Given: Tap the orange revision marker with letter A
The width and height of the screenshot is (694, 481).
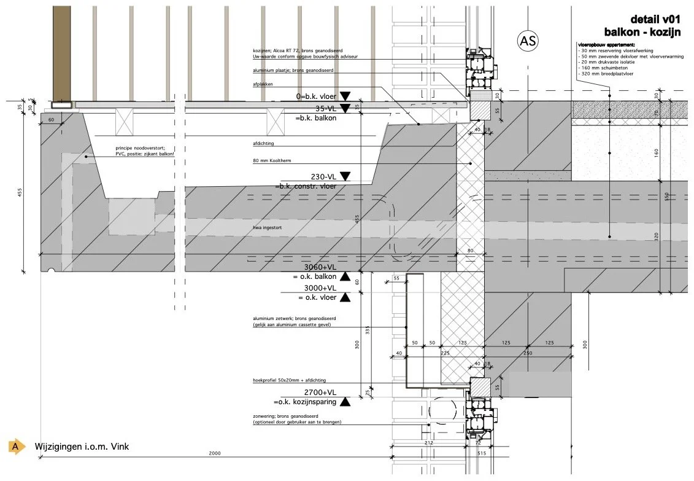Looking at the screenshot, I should pos(16,447).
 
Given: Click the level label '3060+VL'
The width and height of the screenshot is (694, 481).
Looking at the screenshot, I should pos(320,267).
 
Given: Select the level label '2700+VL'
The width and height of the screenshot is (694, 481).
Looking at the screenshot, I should pos(320,392).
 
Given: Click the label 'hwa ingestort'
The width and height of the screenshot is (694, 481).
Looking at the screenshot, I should pos(266,228).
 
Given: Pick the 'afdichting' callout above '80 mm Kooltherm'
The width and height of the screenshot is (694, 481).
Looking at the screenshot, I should pos(263,143).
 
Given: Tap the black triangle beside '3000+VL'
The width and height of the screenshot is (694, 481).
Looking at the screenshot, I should pos(345,298).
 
